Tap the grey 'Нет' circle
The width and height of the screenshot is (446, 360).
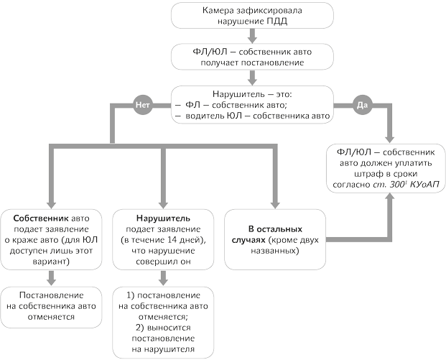[x=141, y=105]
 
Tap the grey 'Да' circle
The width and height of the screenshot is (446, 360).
[x=362, y=105]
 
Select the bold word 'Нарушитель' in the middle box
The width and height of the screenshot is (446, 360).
[x=162, y=216]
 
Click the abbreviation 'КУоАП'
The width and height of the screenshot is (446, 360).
[x=424, y=185]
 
